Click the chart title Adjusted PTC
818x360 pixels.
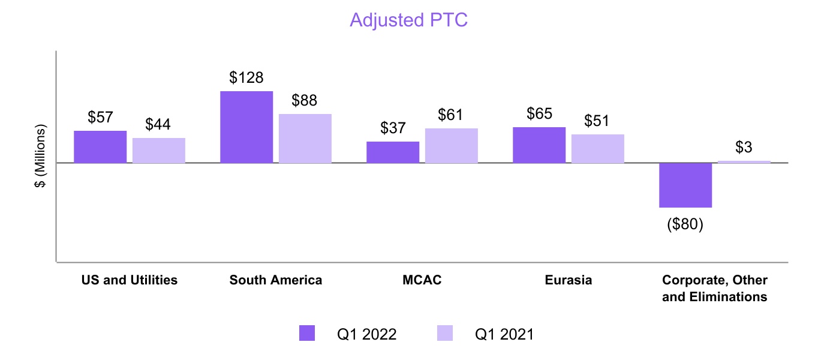click(x=408, y=20)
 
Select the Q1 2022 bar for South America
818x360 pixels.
click(x=246, y=127)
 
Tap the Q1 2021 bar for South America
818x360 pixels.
click(x=305, y=138)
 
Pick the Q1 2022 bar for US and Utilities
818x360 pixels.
click(x=100, y=146)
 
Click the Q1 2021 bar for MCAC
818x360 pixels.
click(x=452, y=145)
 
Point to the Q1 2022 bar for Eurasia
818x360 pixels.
click(x=539, y=145)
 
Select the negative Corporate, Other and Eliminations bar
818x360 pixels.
click(x=685, y=185)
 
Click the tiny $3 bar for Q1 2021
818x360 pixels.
click(x=744, y=161)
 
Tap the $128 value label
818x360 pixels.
click(x=246, y=78)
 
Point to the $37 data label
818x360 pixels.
click(x=393, y=128)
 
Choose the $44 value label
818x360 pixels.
click(x=158, y=125)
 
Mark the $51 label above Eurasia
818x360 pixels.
click(x=597, y=121)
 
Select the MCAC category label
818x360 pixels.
click(x=422, y=280)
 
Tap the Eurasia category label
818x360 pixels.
click(x=569, y=280)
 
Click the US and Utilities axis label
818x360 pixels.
click(x=130, y=280)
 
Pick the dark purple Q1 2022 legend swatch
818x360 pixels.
click(x=306, y=334)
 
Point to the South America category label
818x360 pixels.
click(x=276, y=280)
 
